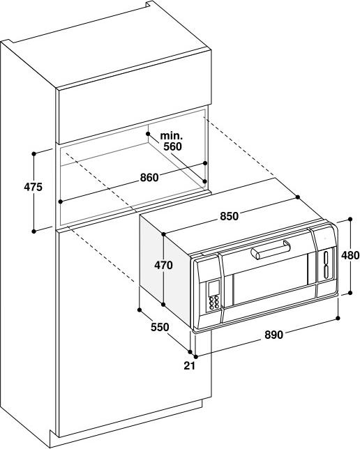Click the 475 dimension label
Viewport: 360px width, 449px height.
(x=33, y=187)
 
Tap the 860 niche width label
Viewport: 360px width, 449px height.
(x=149, y=178)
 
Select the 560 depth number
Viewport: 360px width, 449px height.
(x=172, y=146)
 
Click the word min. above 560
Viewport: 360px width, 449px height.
(x=171, y=135)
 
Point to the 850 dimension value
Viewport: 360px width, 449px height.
(x=230, y=216)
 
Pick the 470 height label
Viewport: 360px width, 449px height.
(x=164, y=265)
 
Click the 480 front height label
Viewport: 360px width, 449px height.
(x=350, y=255)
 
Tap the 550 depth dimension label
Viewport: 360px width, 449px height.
(x=160, y=327)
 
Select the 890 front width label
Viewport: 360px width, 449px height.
(x=273, y=335)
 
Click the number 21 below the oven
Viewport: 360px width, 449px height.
(x=190, y=365)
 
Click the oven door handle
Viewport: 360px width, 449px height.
(x=271, y=250)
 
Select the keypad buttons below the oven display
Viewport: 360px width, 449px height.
(x=214, y=302)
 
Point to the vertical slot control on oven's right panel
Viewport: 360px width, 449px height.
(x=327, y=265)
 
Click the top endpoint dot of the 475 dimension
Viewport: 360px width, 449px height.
(x=33, y=154)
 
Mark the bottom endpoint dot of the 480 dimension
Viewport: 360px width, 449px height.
(x=350, y=293)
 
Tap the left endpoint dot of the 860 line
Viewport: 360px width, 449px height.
(x=60, y=201)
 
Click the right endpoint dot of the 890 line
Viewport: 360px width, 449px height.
(x=338, y=318)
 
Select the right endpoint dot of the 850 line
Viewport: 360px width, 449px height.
(x=297, y=197)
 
